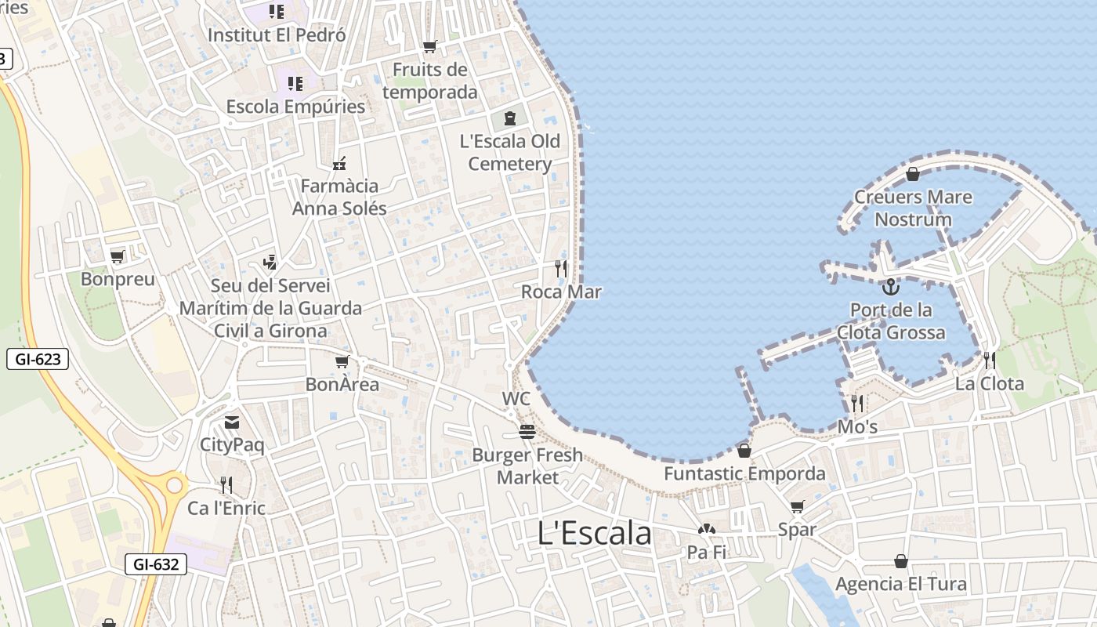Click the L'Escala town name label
coord(595,534)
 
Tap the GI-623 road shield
coord(37,360)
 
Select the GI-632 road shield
coord(155,564)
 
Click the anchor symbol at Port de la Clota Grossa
coord(890,287)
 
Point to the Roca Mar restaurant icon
coord(561,270)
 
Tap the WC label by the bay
coord(516,399)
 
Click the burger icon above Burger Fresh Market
coord(527,432)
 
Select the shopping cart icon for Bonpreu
coord(118,257)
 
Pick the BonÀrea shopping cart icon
coord(342,361)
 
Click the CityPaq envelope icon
coord(232,423)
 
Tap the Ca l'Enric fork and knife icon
coord(226,485)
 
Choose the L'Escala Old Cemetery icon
coord(510,118)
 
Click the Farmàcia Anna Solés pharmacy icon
coord(339,164)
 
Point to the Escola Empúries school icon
coord(295,83)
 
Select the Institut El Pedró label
coord(277,35)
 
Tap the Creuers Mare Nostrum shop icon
coord(912,174)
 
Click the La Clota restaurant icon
coord(990,361)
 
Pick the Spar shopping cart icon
coord(798,506)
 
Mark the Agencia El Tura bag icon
coord(901,561)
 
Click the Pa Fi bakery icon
coord(707,530)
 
